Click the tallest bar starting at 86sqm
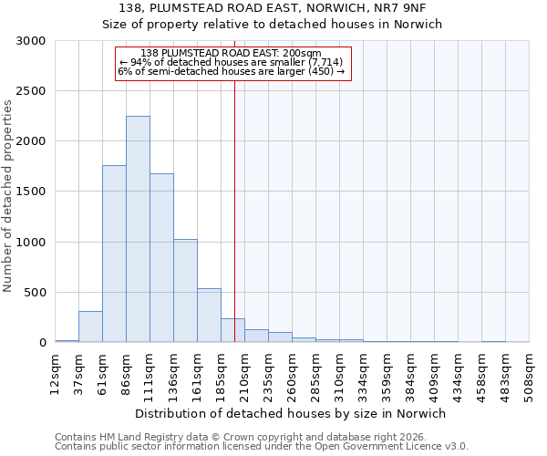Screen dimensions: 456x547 click(x=138, y=229)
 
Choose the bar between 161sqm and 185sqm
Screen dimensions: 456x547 click(x=209, y=316)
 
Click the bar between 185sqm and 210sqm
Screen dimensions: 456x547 click(x=232, y=330)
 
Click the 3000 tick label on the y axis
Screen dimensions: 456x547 click(x=31, y=41)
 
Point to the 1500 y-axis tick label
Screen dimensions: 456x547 click(x=31, y=192)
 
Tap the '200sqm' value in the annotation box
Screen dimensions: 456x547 click(x=302, y=54)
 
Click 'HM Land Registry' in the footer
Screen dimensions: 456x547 click(x=133, y=437)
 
